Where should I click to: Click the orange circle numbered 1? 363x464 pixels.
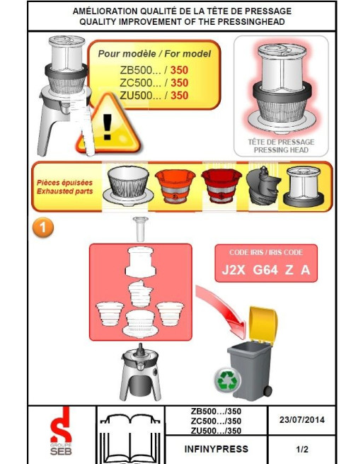coord(43,227)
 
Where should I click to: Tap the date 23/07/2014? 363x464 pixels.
coord(302,419)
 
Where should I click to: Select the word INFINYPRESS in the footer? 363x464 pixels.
coord(216,449)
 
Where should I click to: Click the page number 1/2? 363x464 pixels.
coord(302,449)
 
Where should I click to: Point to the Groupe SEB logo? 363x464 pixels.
coord(61,431)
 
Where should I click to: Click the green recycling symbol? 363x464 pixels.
coord(227,380)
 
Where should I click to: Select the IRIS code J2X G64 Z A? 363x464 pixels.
coord(266,270)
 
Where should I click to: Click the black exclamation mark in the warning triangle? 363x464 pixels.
coord(107,127)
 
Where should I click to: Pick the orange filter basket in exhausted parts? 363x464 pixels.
coord(175,185)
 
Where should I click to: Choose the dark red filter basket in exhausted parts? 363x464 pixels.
coord(221,185)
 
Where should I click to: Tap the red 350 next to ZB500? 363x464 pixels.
coord(179,70)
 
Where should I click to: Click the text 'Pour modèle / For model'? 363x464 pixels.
coord(154,54)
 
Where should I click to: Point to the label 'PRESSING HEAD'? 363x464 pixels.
coord(281,150)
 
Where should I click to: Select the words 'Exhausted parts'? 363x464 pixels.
coord(64,191)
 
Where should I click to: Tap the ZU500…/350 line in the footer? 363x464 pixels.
coord(216,431)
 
